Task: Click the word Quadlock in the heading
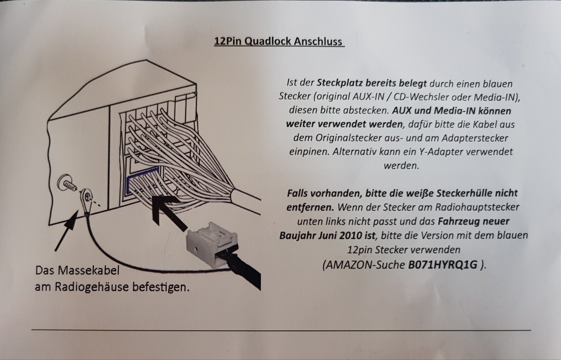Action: pos(268,41)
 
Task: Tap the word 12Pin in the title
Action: pos(228,41)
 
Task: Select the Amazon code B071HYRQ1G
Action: pos(443,265)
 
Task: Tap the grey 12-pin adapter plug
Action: pos(212,244)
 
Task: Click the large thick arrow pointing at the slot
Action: pos(168,211)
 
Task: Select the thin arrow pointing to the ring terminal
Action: pos(67,230)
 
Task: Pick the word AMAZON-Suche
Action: pos(366,265)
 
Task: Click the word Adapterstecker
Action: pos(475,138)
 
